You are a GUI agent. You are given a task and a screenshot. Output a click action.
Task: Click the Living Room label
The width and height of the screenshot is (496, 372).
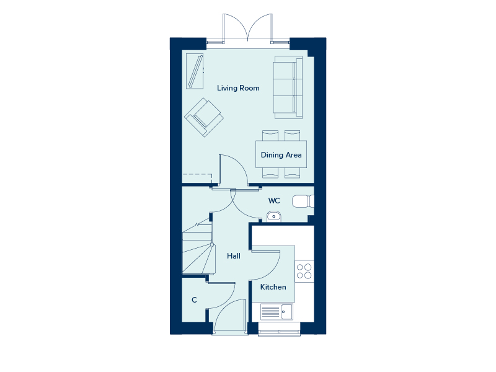point(238,88)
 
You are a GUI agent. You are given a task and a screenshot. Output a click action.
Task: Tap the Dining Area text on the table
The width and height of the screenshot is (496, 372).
point(281,155)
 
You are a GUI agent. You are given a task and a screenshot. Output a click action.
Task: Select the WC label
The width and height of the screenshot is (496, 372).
point(274,201)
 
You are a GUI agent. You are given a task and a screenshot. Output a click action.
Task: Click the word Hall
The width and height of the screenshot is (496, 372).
point(234,256)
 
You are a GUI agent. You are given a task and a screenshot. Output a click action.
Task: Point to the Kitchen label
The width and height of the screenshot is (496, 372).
point(273,287)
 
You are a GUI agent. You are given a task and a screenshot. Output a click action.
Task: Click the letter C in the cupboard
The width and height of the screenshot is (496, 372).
point(194,300)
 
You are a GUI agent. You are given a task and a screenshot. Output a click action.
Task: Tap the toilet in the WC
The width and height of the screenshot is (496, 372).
point(303,201)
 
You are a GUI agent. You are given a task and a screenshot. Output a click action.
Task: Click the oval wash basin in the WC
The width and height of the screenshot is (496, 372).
point(273,216)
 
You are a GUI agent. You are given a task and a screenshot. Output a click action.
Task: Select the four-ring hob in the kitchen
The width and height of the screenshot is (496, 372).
point(304,271)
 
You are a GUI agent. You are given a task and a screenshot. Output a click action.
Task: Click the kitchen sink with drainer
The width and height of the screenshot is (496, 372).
point(277,311)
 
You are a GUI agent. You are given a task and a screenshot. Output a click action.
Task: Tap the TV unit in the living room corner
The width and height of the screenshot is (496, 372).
point(195,72)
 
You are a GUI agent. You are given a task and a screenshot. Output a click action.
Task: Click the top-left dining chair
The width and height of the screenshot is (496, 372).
point(270,135)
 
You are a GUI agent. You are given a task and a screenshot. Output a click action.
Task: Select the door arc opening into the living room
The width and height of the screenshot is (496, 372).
point(234,169)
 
